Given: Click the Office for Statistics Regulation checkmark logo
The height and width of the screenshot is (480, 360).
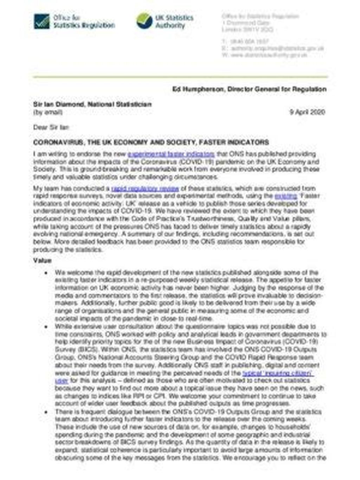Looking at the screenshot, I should (42, 21).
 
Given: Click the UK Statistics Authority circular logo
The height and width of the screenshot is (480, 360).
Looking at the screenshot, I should (144, 21).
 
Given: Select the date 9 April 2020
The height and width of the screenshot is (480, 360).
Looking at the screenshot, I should (307, 112).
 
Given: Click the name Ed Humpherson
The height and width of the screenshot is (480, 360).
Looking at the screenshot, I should (198, 89).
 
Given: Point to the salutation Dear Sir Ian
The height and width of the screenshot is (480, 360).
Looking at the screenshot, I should (51, 127).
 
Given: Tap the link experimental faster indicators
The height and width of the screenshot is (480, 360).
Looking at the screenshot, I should (171, 154).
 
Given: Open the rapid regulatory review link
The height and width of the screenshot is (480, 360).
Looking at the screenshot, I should (145, 188).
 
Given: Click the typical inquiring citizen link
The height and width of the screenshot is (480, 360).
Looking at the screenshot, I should (277, 373).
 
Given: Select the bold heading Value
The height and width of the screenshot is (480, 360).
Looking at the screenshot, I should (43, 261).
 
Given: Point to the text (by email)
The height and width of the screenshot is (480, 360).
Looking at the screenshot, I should (48, 112).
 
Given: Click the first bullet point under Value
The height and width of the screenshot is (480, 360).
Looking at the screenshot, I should (46, 273).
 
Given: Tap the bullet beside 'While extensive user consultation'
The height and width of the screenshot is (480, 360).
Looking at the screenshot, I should (46, 327).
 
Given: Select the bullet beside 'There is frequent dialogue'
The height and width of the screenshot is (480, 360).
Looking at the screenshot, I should (46, 412).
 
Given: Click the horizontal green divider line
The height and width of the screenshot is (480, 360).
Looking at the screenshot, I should (180, 76).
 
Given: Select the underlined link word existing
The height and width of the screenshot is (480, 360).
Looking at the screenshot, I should (285, 196).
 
